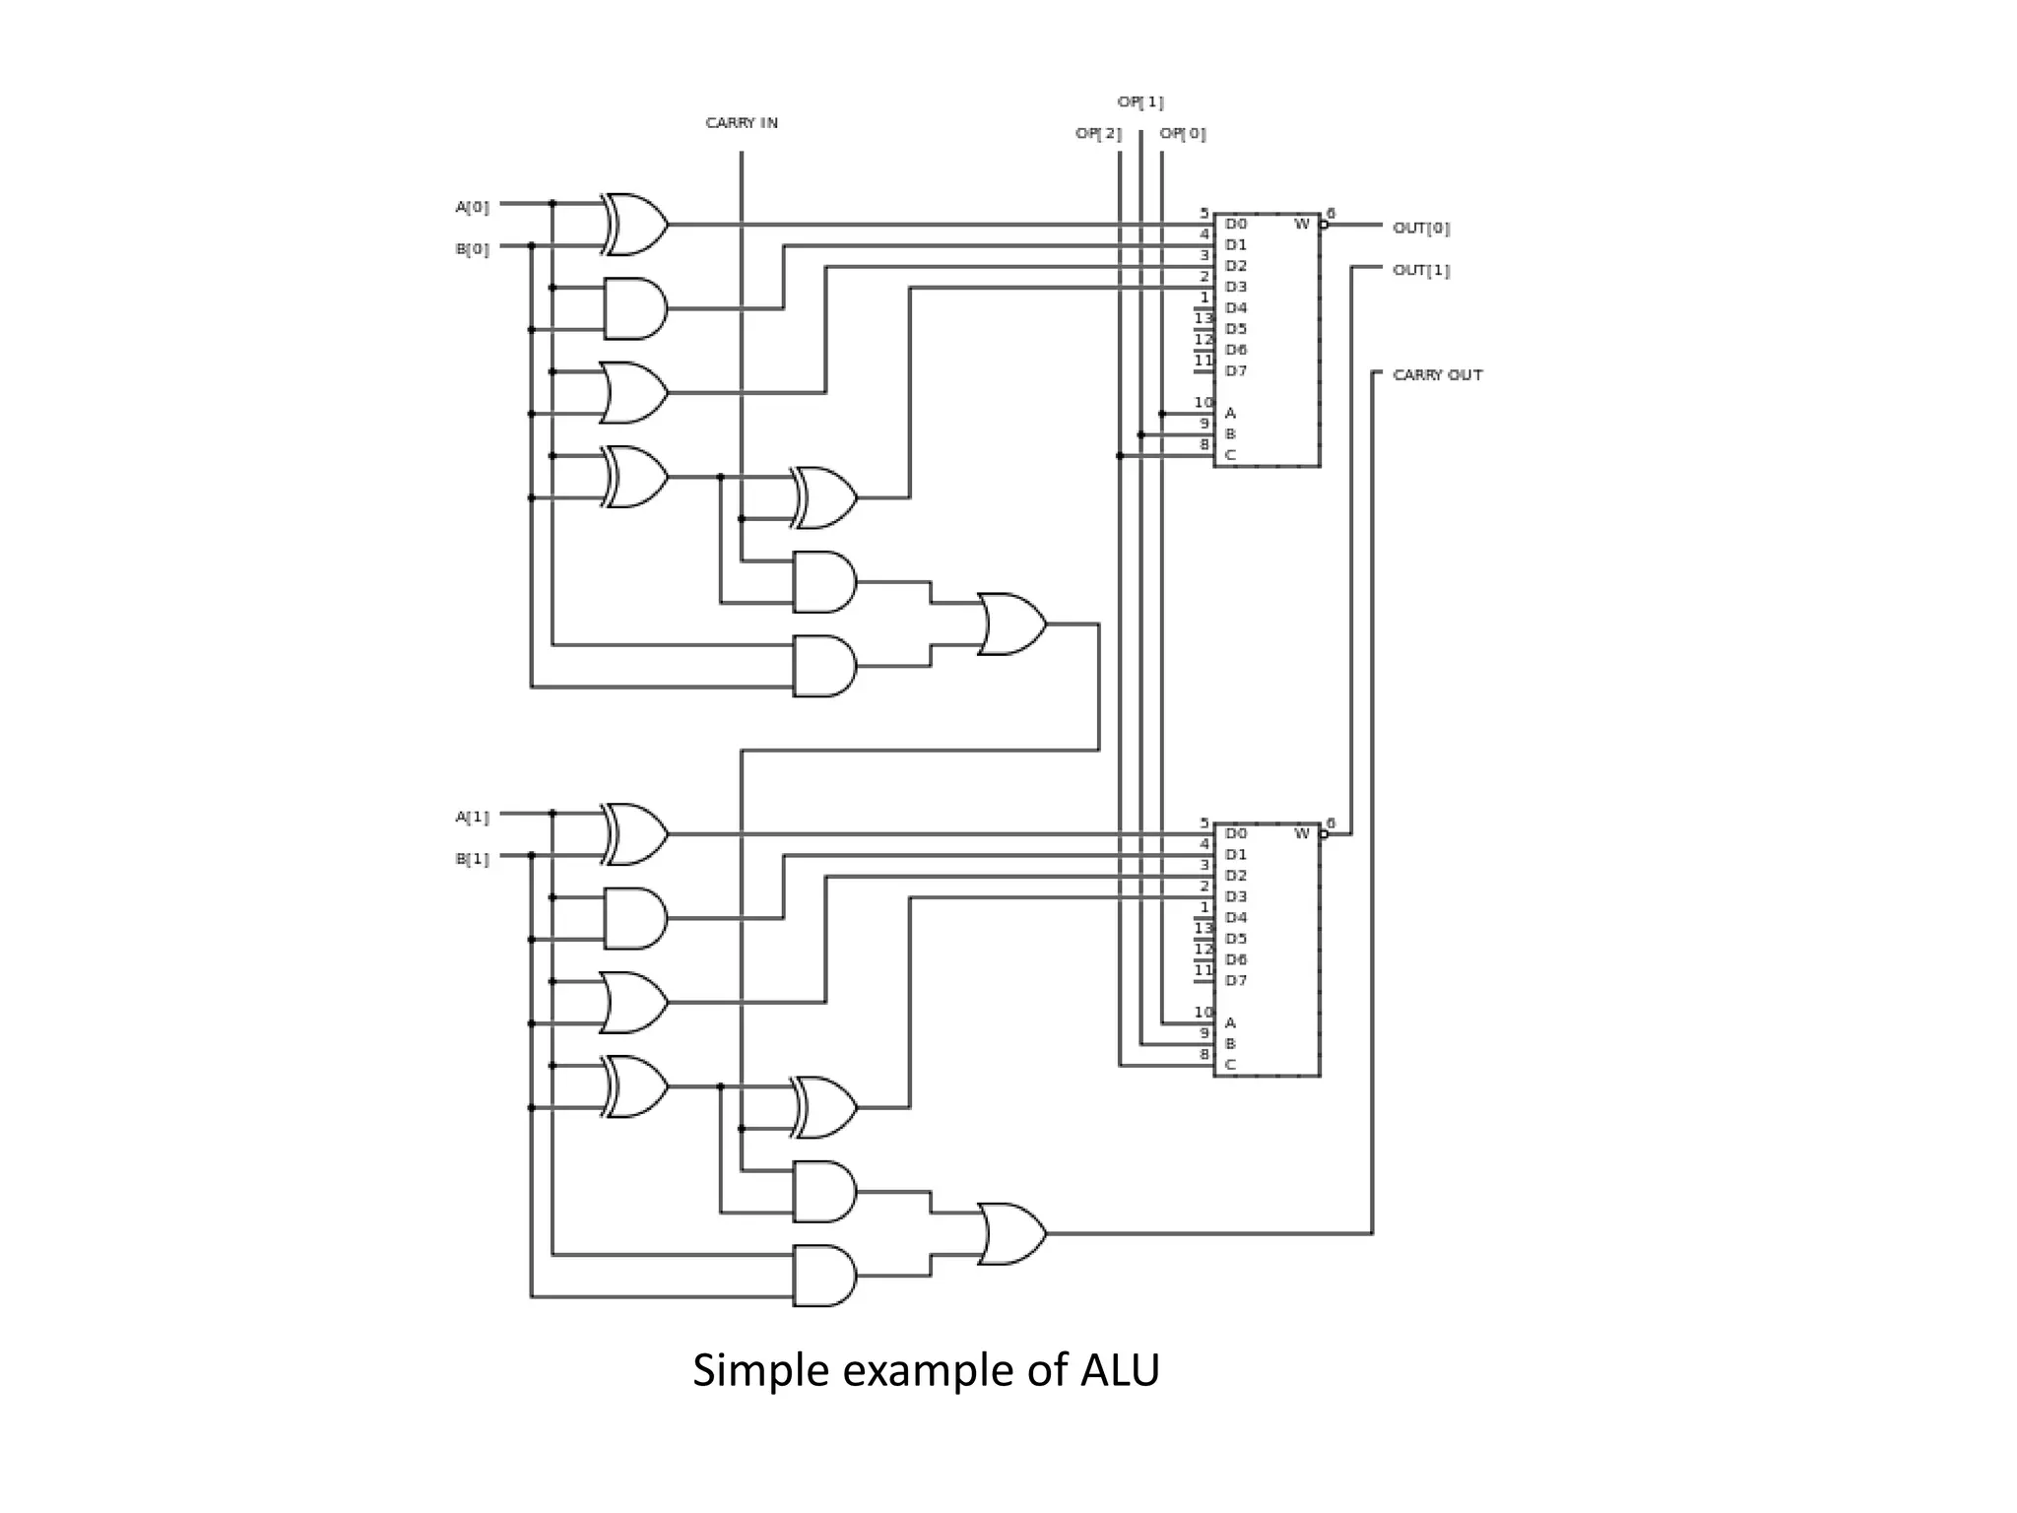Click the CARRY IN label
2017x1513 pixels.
coord(742,123)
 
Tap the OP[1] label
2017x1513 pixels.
coord(1140,101)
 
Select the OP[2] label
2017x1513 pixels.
coord(1098,133)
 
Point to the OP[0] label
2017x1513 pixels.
coord(1183,133)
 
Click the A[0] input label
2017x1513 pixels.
coord(472,207)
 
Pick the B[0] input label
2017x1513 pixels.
coord(472,249)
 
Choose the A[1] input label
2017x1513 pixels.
coord(472,817)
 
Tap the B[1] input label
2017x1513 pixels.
coord(472,859)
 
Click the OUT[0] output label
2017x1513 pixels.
coord(1421,228)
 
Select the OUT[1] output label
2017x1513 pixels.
coord(1421,270)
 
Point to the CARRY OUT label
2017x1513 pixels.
coord(1437,375)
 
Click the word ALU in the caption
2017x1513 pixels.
coord(1120,1370)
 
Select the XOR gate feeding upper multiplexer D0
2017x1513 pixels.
coord(635,225)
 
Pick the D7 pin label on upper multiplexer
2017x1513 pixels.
coord(1236,371)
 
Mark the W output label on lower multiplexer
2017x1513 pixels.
coord(1301,834)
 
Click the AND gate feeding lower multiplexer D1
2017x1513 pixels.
coord(634,918)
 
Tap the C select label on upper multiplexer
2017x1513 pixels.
coord(1230,455)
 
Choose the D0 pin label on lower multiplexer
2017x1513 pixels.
coord(1236,834)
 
